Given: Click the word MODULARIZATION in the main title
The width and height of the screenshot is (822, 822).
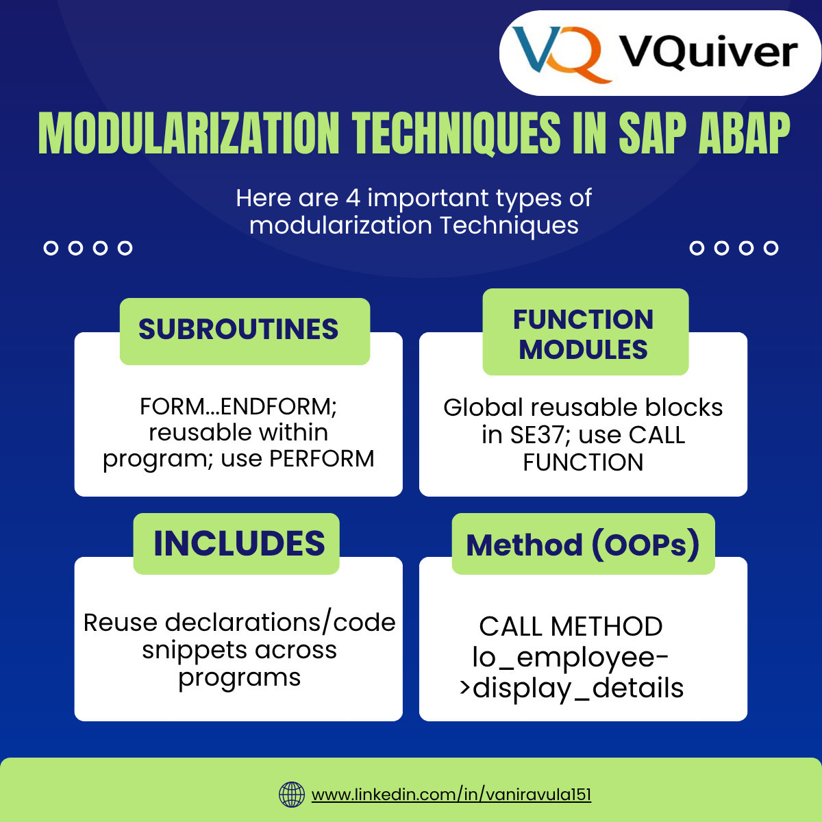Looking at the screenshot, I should point(188,133).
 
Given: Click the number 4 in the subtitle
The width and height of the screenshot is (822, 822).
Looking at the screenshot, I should point(353,198).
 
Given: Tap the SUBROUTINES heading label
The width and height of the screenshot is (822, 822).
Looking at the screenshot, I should point(238,329).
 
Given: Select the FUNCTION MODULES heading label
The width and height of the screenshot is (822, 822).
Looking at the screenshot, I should point(584,334).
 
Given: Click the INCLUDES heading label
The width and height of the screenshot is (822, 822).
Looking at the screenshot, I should point(239,544).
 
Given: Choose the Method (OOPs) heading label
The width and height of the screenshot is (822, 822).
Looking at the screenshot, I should point(583,545).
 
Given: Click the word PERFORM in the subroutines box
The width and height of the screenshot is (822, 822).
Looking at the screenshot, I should point(322,459).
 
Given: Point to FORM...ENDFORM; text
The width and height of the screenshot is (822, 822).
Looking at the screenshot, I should point(238,407).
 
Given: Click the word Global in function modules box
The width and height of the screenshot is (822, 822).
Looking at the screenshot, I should point(484,408).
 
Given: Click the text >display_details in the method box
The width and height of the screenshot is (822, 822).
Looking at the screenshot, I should point(571,688).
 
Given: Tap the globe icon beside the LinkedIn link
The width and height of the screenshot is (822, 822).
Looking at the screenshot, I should point(292,795).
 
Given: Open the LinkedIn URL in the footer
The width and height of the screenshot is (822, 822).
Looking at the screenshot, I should point(451,795).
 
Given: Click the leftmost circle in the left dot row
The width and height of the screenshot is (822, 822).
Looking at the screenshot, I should point(51,248).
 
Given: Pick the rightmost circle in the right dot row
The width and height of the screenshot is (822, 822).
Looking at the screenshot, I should point(771,248).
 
